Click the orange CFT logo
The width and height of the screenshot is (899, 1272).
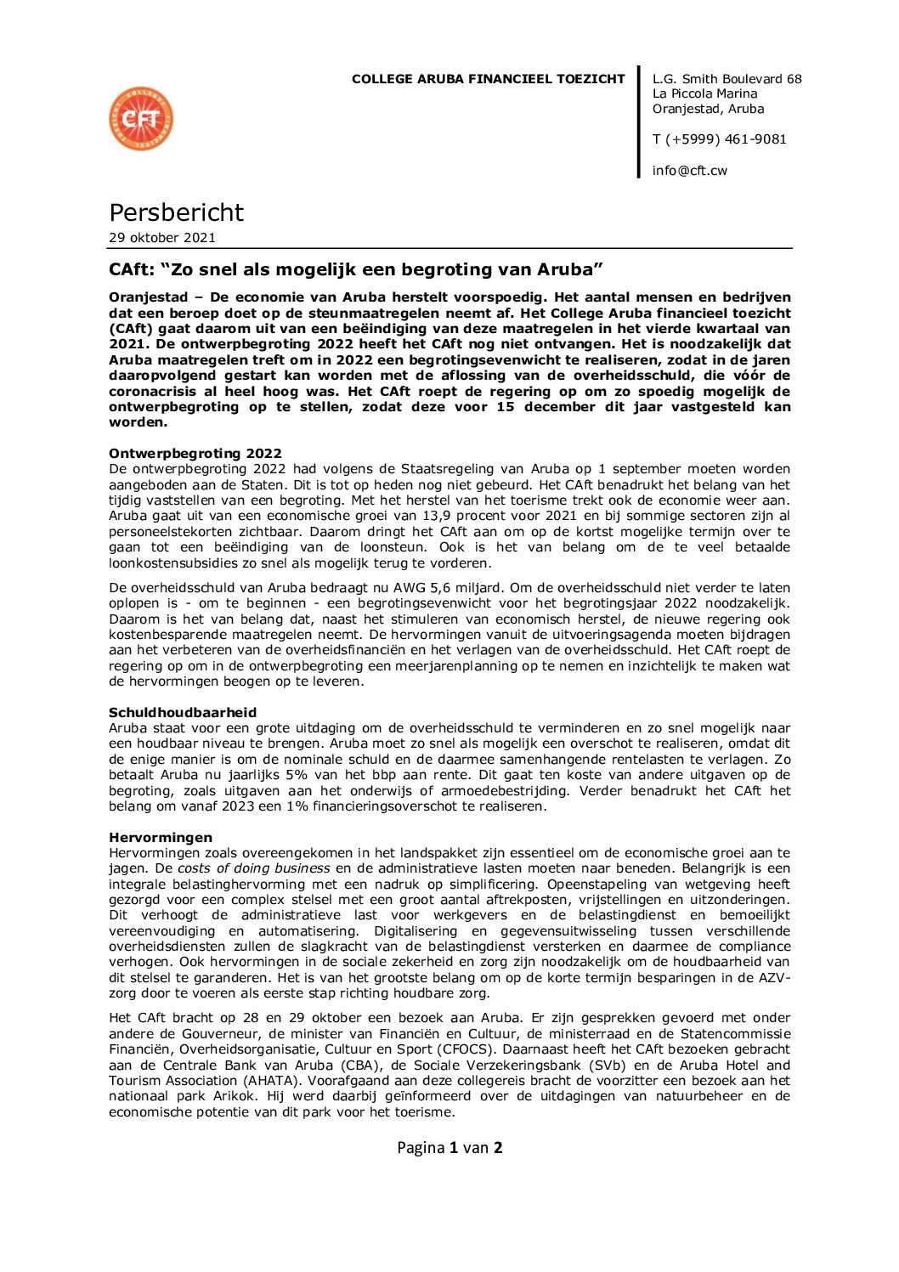pyautogui.click(x=141, y=119)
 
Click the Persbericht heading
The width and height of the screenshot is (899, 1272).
pyautogui.click(x=176, y=212)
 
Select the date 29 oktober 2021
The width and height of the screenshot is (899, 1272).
pyautogui.click(x=162, y=238)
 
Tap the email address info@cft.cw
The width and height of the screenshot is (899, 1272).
pyautogui.click(x=689, y=171)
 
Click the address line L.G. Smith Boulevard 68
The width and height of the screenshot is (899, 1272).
pyautogui.click(x=727, y=79)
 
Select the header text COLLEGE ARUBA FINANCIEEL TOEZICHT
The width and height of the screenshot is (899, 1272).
pyautogui.click(x=488, y=79)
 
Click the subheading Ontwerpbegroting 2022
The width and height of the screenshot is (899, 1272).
pyautogui.click(x=195, y=454)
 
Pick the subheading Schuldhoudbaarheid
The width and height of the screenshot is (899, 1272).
pyautogui.click(x=183, y=713)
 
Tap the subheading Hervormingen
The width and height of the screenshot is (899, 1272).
pyautogui.click(x=161, y=838)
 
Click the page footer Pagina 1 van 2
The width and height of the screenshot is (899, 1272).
pyautogui.click(x=449, y=1148)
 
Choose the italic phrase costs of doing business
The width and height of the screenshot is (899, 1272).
pyautogui.click(x=254, y=868)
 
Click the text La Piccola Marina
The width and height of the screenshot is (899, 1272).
pyautogui.click(x=704, y=94)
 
